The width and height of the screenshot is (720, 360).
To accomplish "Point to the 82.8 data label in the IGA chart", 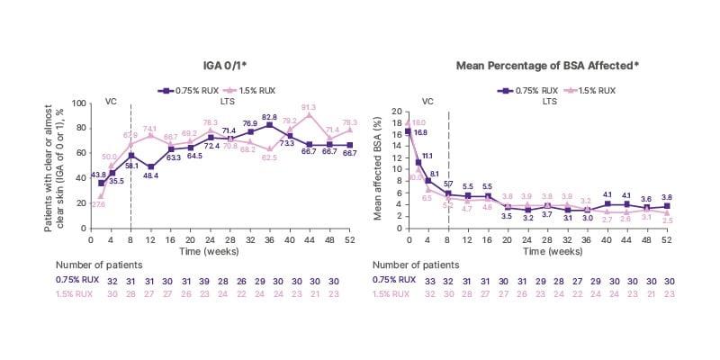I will pyautogui.click(x=270, y=117).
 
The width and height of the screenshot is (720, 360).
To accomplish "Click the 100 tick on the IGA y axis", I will pyautogui.click(x=80, y=103).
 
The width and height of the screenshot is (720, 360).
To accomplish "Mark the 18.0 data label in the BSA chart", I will pyautogui.click(x=420, y=123).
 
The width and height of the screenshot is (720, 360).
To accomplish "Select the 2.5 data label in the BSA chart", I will pyautogui.click(x=667, y=220).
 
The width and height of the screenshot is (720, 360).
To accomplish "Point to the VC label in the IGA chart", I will pyautogui.click(x=111, y=101).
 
